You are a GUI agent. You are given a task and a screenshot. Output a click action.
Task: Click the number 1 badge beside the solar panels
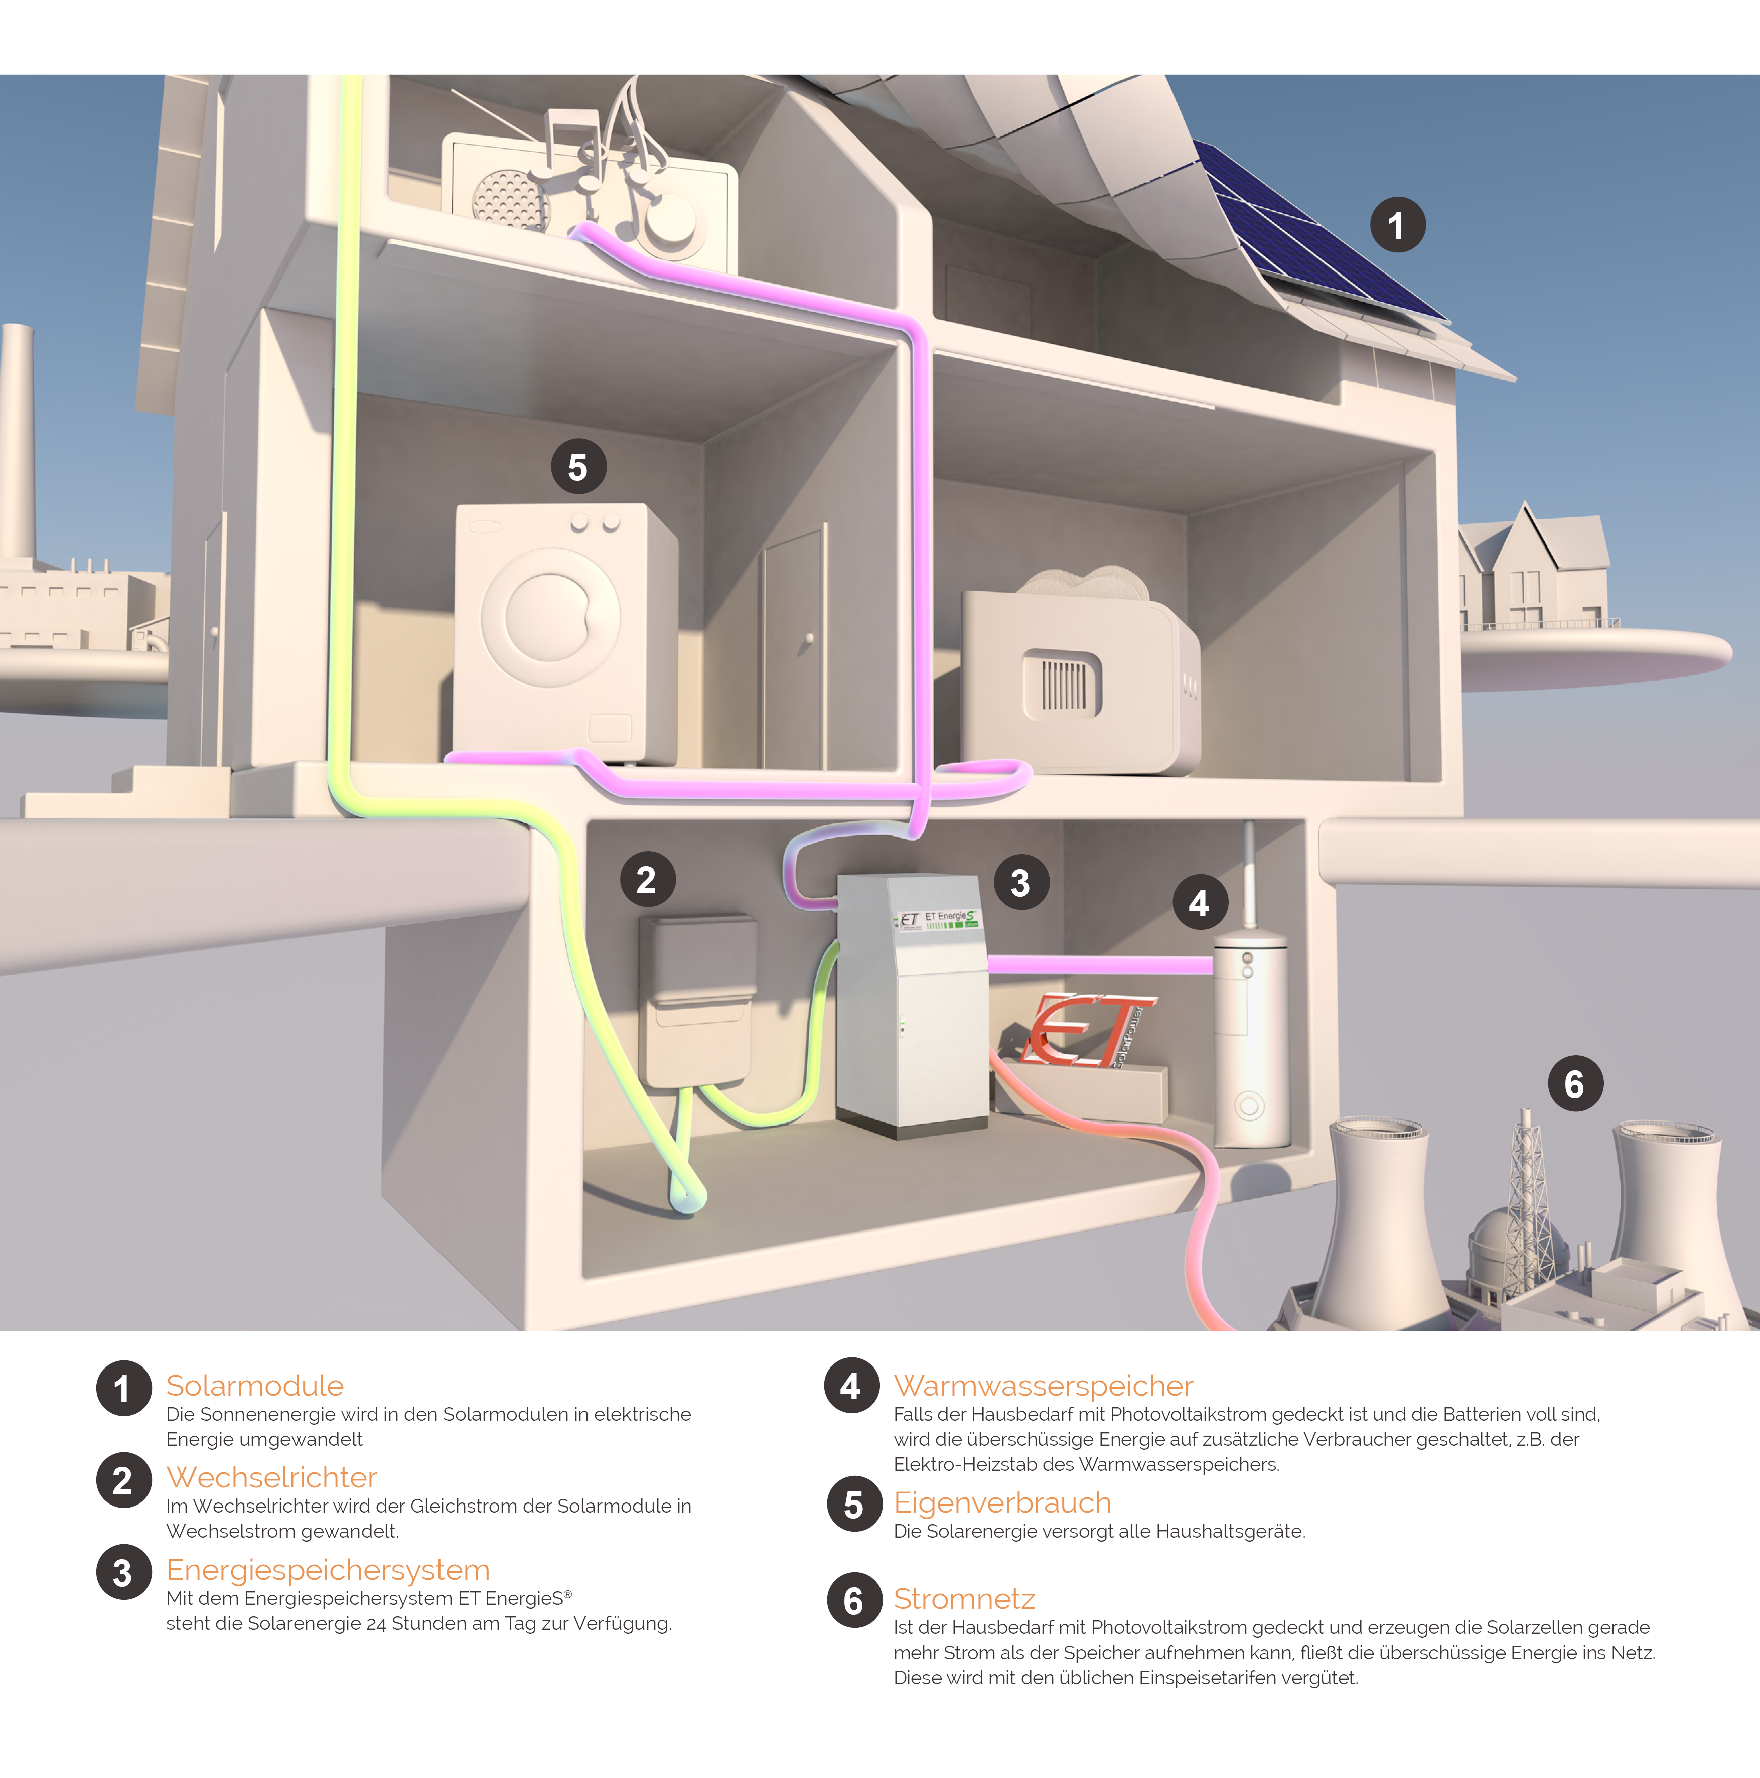[x=1397, y=224]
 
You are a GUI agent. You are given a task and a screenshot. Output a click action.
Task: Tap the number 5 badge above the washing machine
[x=578, y=467]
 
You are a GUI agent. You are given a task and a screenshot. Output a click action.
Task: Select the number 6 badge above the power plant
[x=1575, y=1083]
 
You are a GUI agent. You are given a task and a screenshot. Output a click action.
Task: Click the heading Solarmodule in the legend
[x=255, y=1385]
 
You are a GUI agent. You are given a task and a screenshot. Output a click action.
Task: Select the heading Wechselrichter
[x=271, y=1477]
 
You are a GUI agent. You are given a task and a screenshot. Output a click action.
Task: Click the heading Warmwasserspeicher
[x=1043, y=1385]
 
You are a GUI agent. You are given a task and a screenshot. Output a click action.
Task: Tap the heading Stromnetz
[x=964, y=1598]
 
